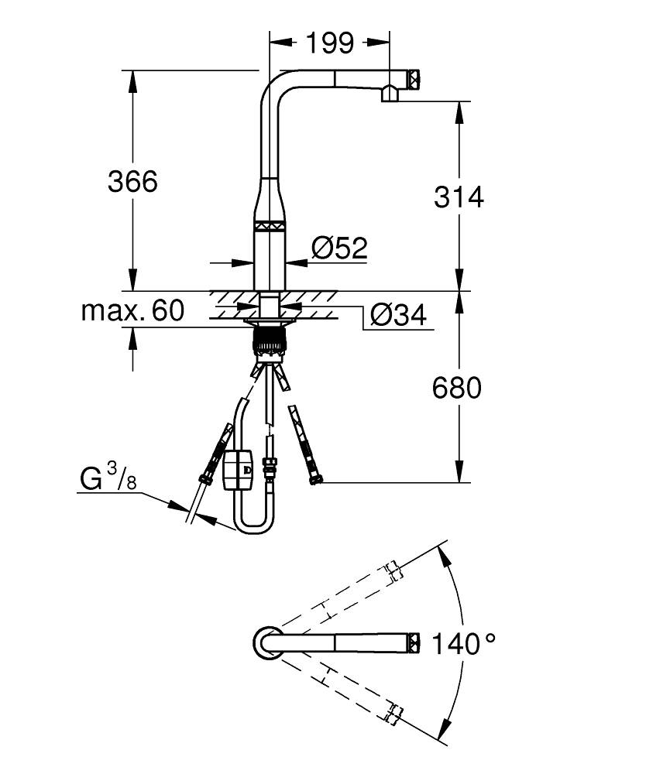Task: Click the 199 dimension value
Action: click(328, 43)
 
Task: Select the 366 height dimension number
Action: click(132, 181)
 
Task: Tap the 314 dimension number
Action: click(459, 197)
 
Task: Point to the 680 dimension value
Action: click(457, 387)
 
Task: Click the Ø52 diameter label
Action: click(339, 248)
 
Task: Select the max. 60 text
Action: click(132, 311)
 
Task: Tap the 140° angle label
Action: click(463, 643)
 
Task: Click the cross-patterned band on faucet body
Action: click(270, 226)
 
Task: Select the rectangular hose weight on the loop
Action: click(236, 471)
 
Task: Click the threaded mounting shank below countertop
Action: click(270, 341)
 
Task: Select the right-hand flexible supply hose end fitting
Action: click(314, 480)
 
